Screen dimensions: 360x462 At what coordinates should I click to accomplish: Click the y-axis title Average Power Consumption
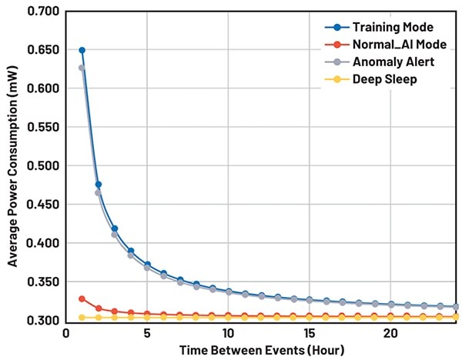(12, 166)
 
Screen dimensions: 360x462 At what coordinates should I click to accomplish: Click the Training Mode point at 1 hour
(82, 50)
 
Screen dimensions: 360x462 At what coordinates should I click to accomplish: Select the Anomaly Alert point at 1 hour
(82, 68)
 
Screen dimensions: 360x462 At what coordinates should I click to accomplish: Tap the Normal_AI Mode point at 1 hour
(82, 298)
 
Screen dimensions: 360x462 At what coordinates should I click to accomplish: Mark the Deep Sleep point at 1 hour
(82, 317)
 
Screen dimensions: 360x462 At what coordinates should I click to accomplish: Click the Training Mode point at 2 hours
(98, 185)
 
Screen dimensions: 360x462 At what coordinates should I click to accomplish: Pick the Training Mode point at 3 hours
(114, 228)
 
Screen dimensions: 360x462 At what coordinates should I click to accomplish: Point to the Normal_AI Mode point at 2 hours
(98, 308)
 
